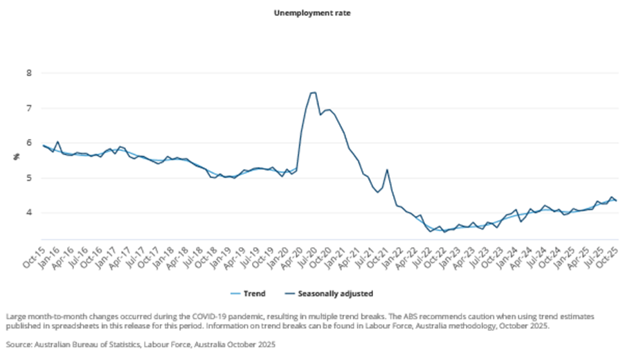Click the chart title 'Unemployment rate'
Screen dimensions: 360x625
pyautogui.click(x=311, y=13)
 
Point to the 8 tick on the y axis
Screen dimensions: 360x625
pyautogui.click(x=28, y=73)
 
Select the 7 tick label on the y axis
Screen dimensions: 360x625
pyautogui.click(x=28, y=108)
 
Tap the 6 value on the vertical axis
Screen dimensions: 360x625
pyautogui.click(x=28, y=143)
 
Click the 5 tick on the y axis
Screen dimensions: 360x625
pyautogui.click(x=28, y=178)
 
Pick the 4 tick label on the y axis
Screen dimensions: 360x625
pyautogui.click(x=28, y=213)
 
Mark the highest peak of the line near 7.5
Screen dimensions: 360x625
pyautogui.click(x=314, y=92)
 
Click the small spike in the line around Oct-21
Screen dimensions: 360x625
pyautogui.click(x=387, y=170)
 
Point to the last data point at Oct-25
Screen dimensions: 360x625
pyautogui.click(x=617, y=201)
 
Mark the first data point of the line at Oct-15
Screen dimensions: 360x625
pyautogui.click(x=43, y=145)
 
